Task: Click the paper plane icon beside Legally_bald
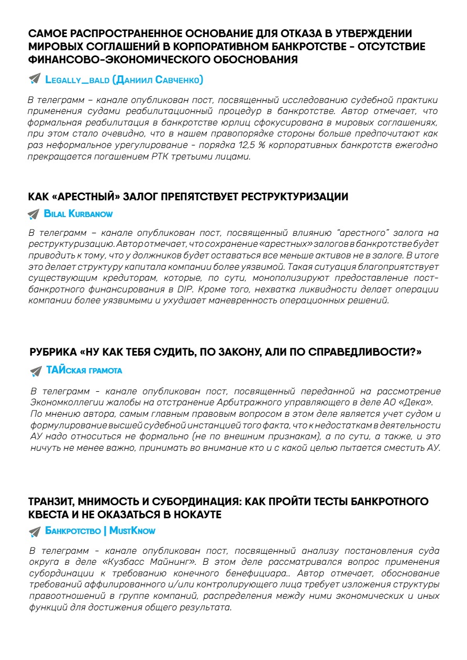tap(35, 79)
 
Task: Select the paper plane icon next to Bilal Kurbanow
tap(34, 214)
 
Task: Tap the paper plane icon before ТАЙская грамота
tap(36, 371)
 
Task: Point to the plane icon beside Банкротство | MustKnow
tap(35, 531)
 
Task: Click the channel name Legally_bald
tap(77, 79)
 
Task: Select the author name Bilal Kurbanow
tap(79, 214)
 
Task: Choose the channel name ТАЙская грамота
tap(84, 370)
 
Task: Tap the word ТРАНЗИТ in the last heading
tap(54, 502)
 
